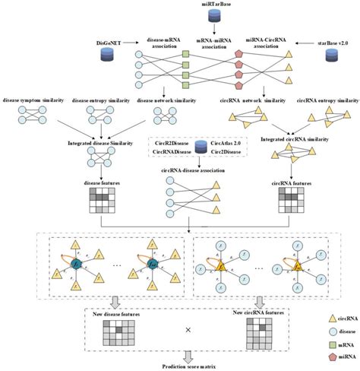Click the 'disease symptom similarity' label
click(32, 97)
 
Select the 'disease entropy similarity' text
click(99, 97)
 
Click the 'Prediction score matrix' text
click(180, 366)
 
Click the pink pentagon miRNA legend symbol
click(316, 356)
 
